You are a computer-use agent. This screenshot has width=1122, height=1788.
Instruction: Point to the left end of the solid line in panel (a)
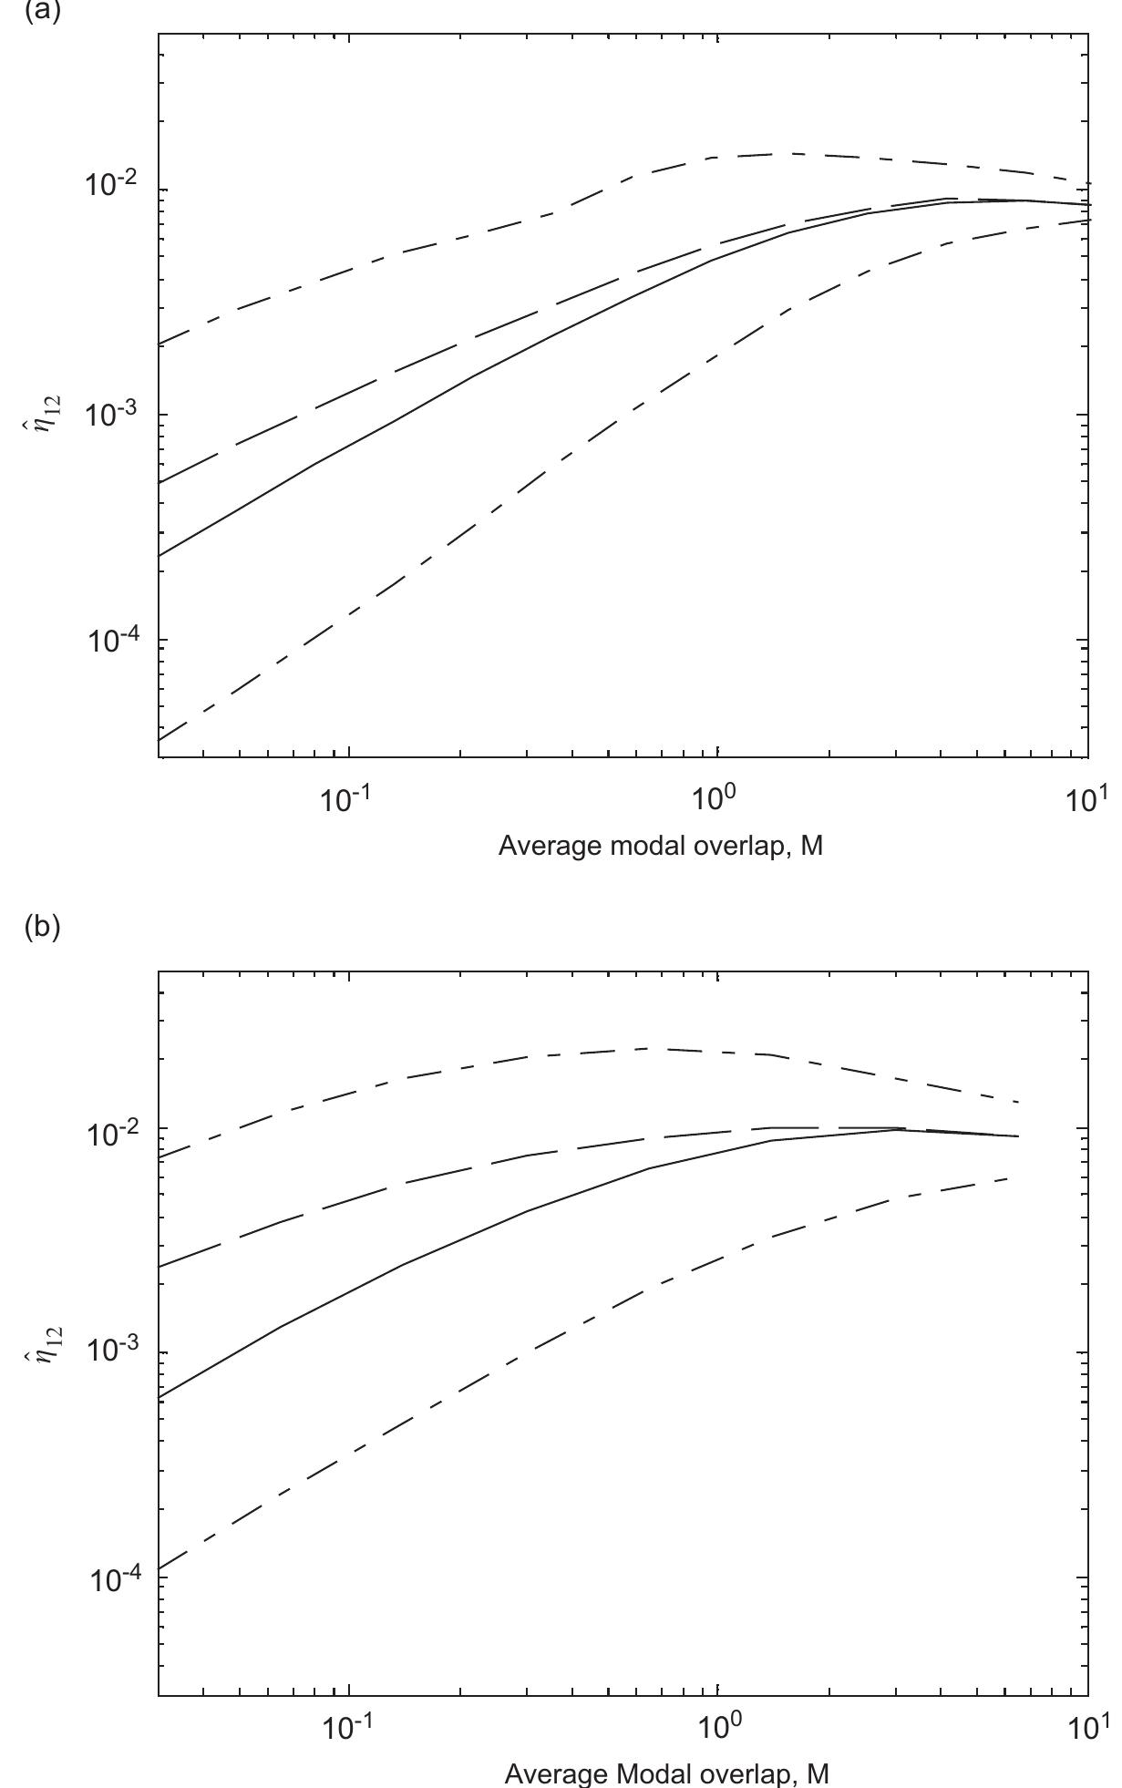(x=160, y=555)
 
